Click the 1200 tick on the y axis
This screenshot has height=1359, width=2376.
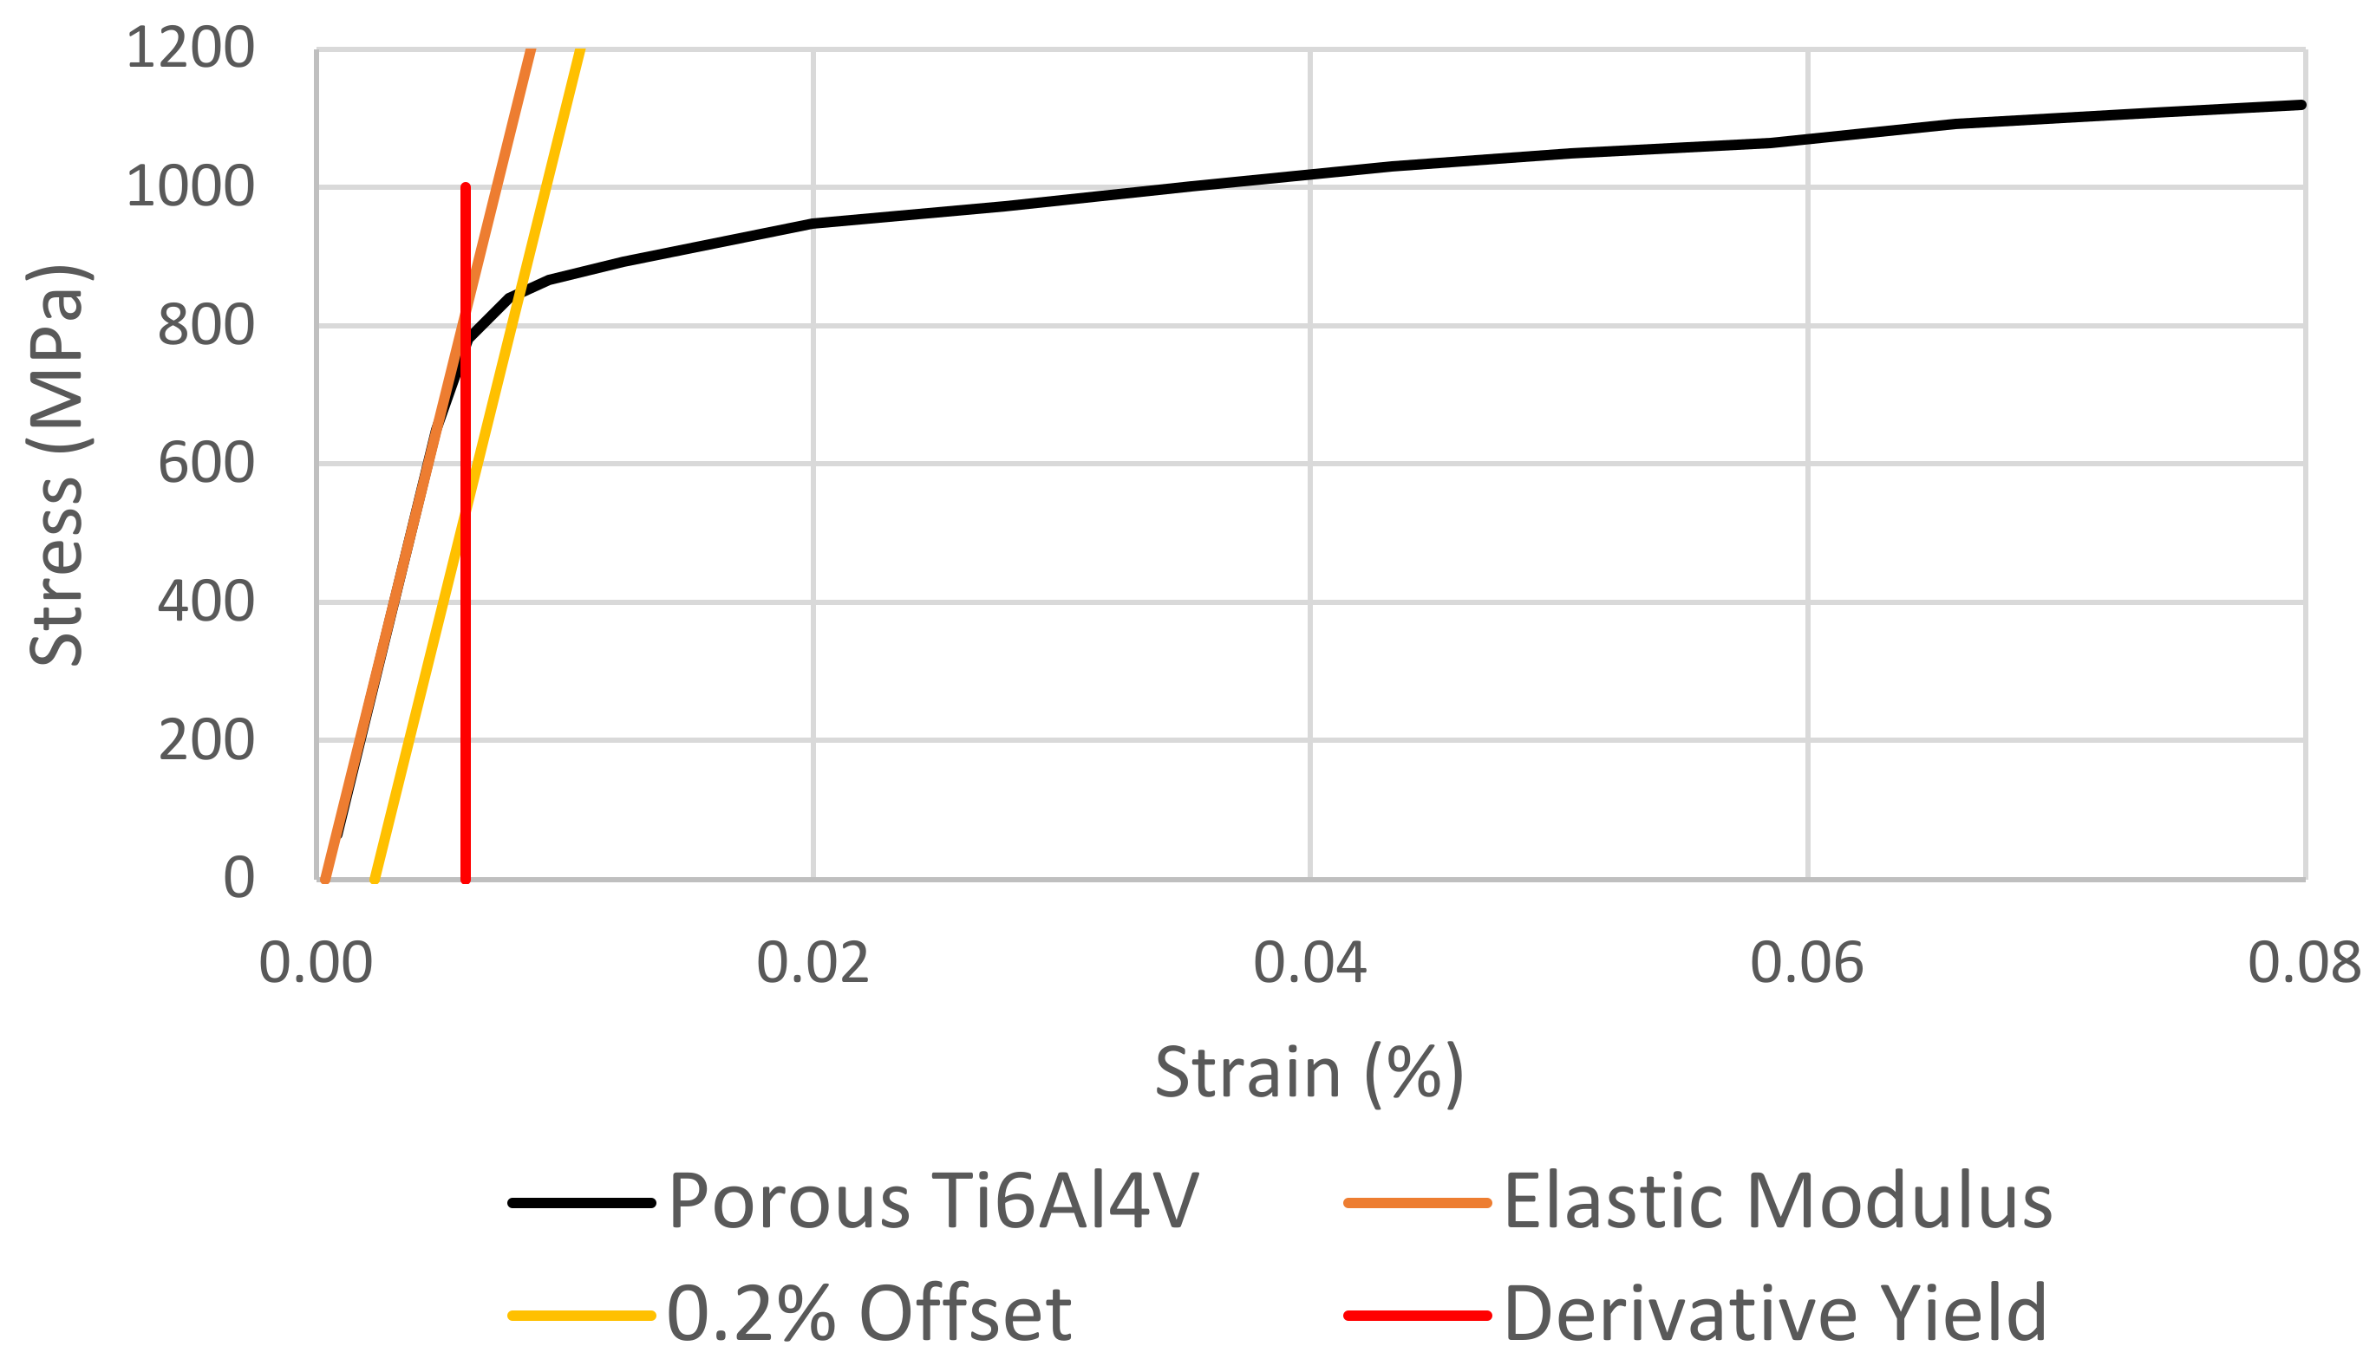click(190, 49)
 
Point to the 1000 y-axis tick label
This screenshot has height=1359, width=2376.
click(190, 186)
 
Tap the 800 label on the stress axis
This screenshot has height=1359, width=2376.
click(206, 326)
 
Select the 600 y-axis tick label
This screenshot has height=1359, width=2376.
click(206, 464)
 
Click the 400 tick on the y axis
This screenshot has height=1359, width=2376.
click(206, 602)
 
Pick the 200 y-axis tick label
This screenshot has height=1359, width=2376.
click(206, 741)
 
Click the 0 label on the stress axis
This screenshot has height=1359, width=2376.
click(238, 878)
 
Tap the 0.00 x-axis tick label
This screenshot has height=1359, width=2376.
click(316, 963)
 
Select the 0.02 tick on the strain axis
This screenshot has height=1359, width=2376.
click(813, 963)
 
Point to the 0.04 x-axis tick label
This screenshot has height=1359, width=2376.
click(1309, 963)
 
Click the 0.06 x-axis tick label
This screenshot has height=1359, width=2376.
click(1806, 963)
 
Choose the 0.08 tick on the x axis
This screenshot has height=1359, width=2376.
click(2303, 963)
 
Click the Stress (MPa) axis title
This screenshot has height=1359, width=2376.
click(58, 464)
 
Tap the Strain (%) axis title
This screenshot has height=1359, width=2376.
click(1309, 1072)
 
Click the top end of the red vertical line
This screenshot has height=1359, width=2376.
click(465, 187)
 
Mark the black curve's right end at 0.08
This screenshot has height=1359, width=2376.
click(2302, 105)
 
